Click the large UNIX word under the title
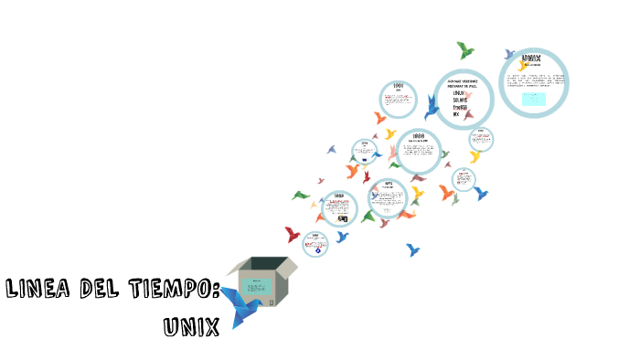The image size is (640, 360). [191, 325]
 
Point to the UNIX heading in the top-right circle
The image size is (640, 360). [531, 58]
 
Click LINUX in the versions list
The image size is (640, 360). [459, 93]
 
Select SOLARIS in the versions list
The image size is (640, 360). [460, 101]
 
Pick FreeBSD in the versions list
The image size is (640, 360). [460, 108]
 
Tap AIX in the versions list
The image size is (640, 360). [456, 115]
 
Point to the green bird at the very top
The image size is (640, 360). [465, 49]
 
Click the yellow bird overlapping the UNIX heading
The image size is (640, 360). [522, 65]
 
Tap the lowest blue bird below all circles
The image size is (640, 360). [413, 249]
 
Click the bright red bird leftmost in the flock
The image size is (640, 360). [293, 234]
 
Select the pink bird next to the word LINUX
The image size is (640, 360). [470, 94]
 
